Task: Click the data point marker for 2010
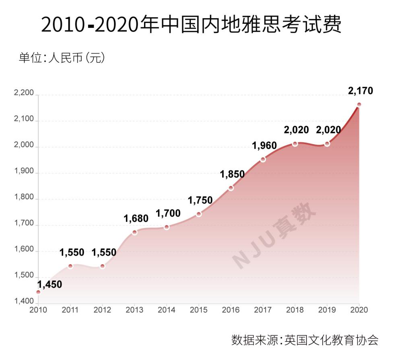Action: point(38,292)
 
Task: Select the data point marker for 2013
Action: point(134,232)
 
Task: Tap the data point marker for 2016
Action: point(231,188)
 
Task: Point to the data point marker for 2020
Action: point(359,105)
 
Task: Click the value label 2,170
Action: point(361,91)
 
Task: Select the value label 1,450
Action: point(50,284)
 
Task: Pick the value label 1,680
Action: point(136,219)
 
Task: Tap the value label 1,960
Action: point(264,145)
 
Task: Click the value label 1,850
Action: point(232,174)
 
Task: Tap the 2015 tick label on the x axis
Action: point(198,310)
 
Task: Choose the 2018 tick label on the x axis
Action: point(295,310)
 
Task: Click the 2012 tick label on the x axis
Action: point(102,310)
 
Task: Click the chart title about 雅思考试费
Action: point(192,25)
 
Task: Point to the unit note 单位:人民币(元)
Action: point(62,58)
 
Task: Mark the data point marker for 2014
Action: point(167,227)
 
